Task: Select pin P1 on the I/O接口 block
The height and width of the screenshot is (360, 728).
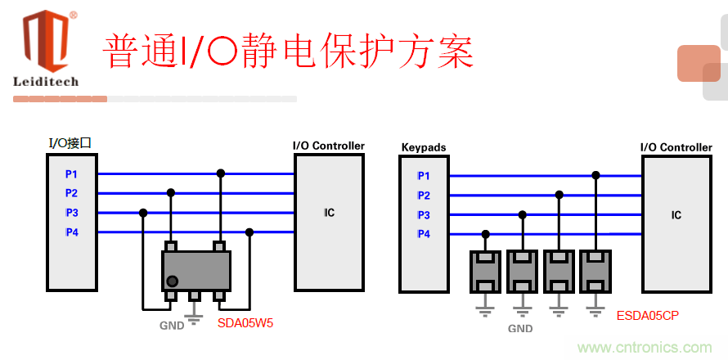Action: pyautogui.click(x=72, y=174)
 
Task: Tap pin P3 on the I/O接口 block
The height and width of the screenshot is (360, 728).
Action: pyautogui.click(x=72, y=213)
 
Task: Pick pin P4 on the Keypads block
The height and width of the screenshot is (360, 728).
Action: pyautogui.click(x=424, y=234)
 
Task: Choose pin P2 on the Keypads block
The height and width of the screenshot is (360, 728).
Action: pyautogui.click(x=424, y=196)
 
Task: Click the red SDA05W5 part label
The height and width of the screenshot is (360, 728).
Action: pyautogui.click(x=245, y=323)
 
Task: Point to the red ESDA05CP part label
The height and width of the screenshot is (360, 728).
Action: pyautogui.click(x=648, y=315)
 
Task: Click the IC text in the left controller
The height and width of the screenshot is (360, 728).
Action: pyautogui.click(x=329, y=213)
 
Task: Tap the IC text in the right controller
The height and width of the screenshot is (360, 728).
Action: pyautogui.click(x=676, y=215)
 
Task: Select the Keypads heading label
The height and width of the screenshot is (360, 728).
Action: pyautogui.click(x=424, y=147)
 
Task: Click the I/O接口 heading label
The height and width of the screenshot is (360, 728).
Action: pyautogui.click(x=70, y=143)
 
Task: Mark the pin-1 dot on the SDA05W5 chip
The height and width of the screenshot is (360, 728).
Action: pyautogui.click(x=172, y=281)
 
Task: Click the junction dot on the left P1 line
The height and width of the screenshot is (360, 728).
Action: pyautogui.click(x=219, y=173)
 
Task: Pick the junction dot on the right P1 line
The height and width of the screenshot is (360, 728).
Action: pyautogui.click(x=595, y=175)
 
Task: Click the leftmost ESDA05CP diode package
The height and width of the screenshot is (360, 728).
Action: pyautogui.click(x=485, y=272)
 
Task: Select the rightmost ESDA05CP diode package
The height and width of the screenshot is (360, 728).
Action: pyautogui.click(x=595, y=272)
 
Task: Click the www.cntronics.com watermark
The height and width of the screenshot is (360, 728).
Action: pyautogui.click(x=645, y=348)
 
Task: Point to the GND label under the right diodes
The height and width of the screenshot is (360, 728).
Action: pyautogui.click(x=520, y=328)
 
